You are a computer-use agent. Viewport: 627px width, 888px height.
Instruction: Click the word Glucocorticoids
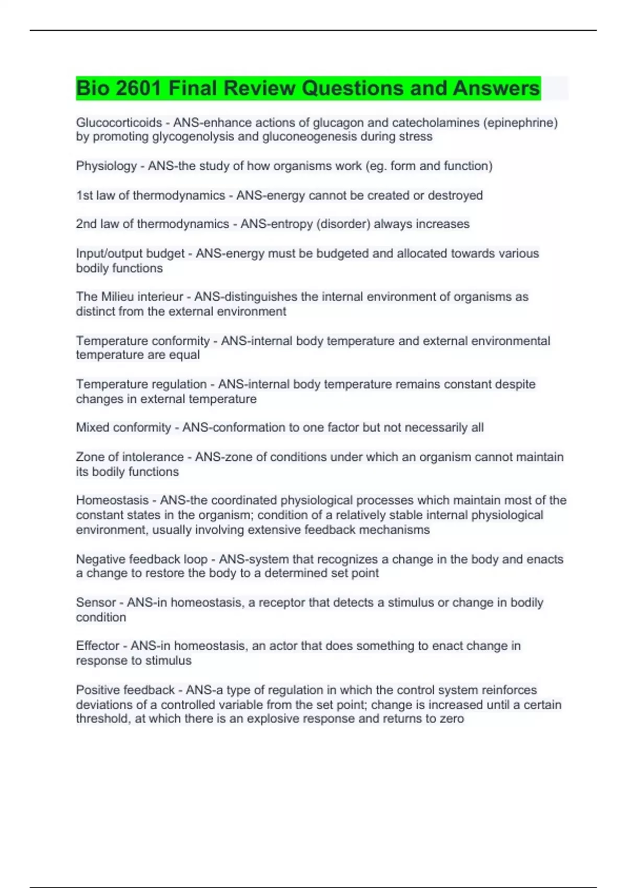click(x=119, y=123)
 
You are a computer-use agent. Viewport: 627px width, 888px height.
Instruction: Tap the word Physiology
click(x=106, y=166)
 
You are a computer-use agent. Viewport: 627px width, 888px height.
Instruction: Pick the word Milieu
click(x=121, y=297)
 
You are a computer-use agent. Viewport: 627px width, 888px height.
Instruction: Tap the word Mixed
click(x=92, y=427)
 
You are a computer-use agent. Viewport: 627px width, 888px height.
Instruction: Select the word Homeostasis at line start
click(x=112, y=500)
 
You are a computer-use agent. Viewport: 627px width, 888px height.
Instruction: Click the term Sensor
click(x=96, y=602)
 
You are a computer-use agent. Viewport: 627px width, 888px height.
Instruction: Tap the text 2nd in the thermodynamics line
click(x=86, y=224)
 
